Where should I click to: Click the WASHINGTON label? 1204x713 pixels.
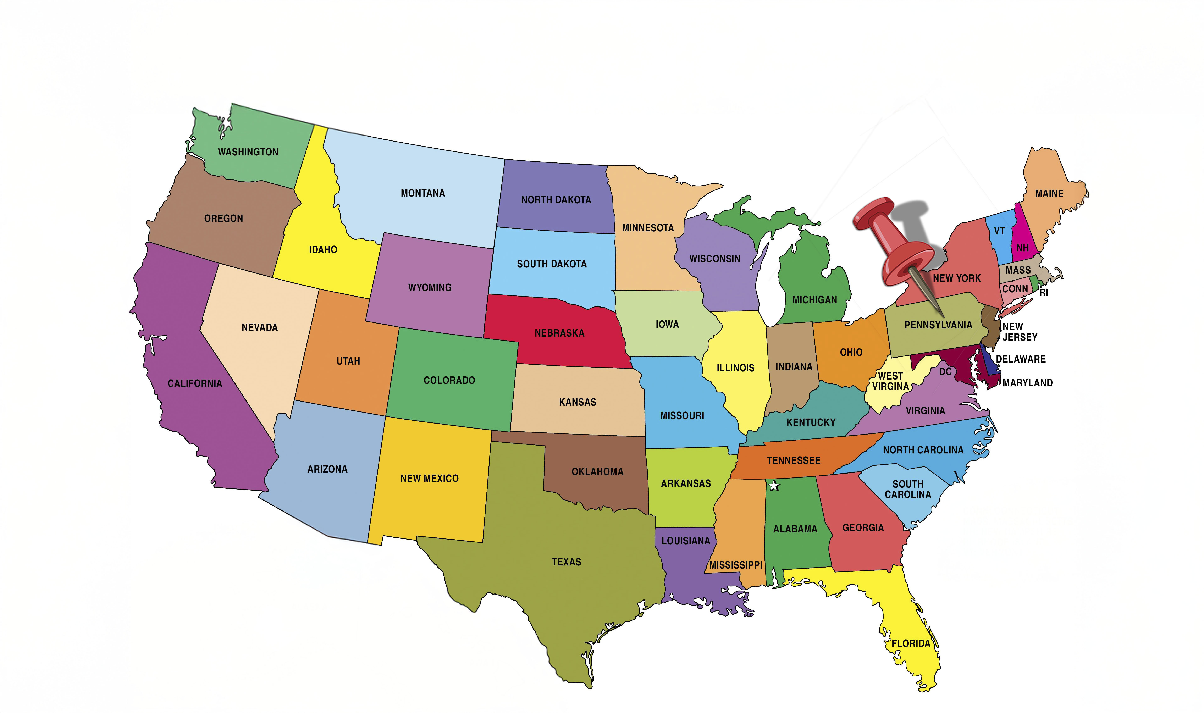click(x=248, y=152)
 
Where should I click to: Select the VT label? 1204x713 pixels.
click(x=999, y=231)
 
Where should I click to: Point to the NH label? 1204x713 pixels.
click(x=1022, y=248)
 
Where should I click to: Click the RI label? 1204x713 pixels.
click(x=1044, y=293)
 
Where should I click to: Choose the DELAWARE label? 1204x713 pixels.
click(x=1021, y=359)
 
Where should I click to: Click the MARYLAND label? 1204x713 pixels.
click(x=1027, y=383)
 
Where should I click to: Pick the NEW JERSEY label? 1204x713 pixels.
click(x=1020, y=332)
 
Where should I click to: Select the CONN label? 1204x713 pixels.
click(x=1015, y=289)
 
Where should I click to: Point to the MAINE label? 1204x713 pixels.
click(x=1049, y=194)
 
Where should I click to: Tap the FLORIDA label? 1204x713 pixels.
click(x=911, y=643)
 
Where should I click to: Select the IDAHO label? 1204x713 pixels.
click(x=323, y=250)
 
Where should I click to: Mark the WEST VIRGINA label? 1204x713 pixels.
click(x=890, y=381)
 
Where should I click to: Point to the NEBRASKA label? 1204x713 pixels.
click(x=559, y=333)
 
